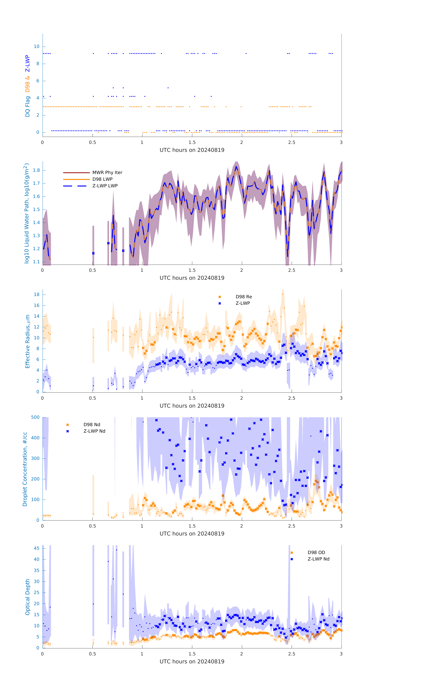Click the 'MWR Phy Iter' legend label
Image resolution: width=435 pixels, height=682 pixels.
coord(107,172)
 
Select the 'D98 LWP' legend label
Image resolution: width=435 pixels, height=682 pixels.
coord(102,179)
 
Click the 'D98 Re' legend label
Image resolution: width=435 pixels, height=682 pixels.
coord(243,297)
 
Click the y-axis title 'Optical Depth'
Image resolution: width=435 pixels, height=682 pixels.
coord(28,597)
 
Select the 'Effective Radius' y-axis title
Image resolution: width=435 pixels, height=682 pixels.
coord(28,341)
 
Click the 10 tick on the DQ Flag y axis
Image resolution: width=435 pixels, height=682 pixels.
coord(37,46)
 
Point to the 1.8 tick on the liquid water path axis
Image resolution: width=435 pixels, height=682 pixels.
coord(36,170)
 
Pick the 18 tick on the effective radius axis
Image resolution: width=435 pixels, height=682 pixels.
coord(37,295)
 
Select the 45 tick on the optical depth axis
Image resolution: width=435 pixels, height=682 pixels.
coord(37,548)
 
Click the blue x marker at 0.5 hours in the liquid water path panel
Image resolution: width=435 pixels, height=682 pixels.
coord(93,253)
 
